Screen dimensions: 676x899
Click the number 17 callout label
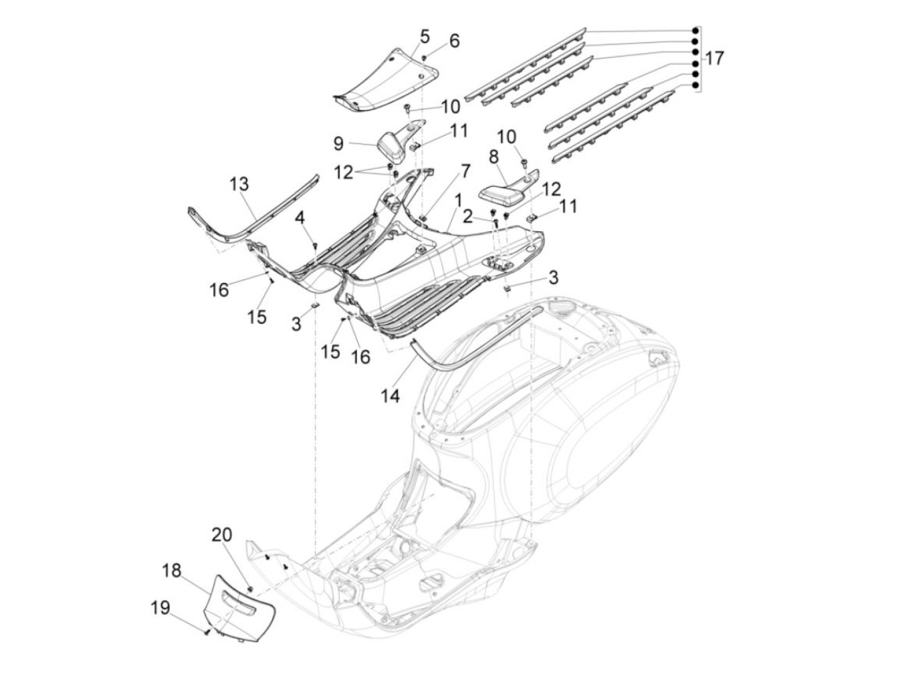[x=714, y=58]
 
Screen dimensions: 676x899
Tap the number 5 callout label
[x=425, y=36]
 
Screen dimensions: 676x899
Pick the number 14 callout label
[x=390, y=396]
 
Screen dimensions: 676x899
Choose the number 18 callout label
[x=172, y=570]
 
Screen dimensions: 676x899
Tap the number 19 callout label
[x=161, y=607]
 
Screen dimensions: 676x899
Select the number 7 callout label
[x=464, y=171]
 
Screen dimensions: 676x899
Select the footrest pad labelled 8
[x=501, y=191]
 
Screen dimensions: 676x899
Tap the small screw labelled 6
[x=425, y=58]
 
